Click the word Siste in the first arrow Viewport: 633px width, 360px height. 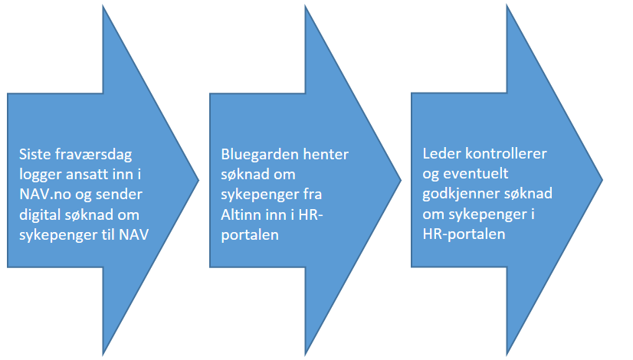click(34, 154)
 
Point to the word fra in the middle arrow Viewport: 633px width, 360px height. click(313, 195)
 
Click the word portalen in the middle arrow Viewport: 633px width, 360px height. click(250, 235)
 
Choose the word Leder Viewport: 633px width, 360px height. click(441, 154)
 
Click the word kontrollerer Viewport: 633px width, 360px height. click(507, 154)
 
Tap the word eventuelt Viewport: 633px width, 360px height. click(476, 174)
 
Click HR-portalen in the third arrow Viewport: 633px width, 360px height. click(464, 234)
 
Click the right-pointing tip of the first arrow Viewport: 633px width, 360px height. click(198, 180)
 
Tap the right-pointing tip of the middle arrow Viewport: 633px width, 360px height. click(401, 180)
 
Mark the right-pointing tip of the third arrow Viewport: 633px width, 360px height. click(602, 180)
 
